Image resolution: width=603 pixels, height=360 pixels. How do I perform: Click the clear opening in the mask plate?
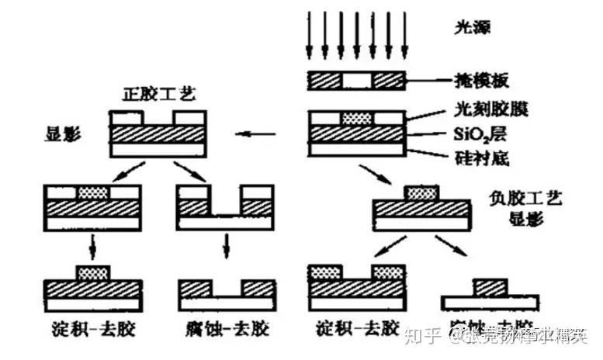click(357, 80)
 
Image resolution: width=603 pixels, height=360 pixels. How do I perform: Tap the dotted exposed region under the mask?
click(357, 118)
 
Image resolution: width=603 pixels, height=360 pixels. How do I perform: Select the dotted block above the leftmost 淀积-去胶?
click(92, 272)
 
